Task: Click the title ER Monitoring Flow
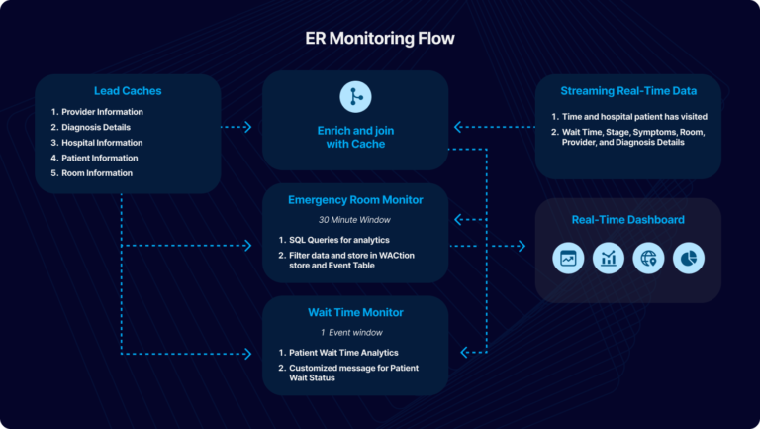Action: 380,39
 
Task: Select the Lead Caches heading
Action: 128,91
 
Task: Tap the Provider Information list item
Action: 97,112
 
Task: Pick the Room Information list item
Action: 91,173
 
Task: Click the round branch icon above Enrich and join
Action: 355,96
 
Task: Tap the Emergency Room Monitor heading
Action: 355,199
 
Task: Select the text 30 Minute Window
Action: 355,219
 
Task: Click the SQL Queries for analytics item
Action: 339,241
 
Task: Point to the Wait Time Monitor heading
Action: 355,312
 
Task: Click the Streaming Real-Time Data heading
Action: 627,91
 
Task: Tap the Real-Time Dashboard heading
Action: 627,219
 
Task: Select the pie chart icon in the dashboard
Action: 688,259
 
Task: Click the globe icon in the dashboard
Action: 648,259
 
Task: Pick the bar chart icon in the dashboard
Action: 608,259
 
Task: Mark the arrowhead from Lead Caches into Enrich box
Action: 248,127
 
